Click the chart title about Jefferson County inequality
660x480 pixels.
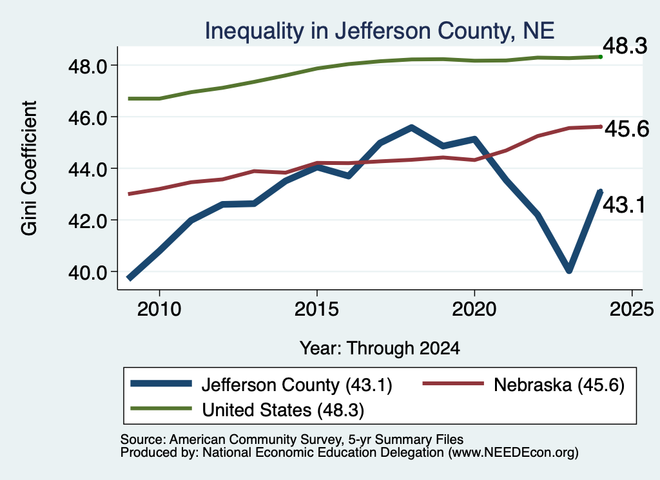(379, 31)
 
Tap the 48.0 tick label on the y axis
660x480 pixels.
(88, 66)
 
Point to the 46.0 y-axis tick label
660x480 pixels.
(88, 118)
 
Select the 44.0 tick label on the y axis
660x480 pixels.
(88, 169)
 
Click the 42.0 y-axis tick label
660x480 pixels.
(88, 221)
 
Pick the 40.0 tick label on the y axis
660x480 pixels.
(88, 273)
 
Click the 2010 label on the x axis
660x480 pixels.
(159, 309)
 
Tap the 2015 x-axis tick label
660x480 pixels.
(316, 309)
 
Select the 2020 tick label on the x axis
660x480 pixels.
(474, 309)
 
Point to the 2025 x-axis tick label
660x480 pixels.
(632, 309)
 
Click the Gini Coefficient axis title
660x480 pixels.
(29, 168)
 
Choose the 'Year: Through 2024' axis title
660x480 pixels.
(380, 349)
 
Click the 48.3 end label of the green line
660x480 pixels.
(625, 46)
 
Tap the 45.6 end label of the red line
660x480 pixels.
(626, 129)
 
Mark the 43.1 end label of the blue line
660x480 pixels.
(624, 206)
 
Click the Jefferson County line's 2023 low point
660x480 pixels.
(568, 269)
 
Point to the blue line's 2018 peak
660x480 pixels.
(411, 128)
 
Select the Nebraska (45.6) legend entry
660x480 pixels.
(524, 385)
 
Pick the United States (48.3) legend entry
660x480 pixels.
(247, 410)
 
